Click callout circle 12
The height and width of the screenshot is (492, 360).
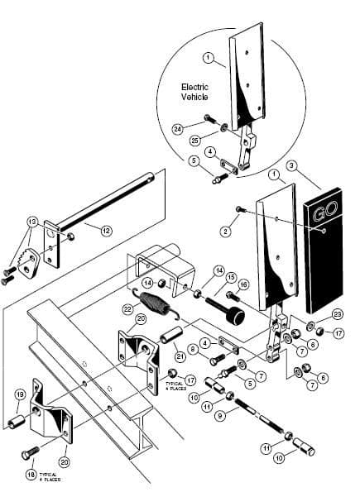(105, 231)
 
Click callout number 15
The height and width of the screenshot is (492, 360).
(231, 277)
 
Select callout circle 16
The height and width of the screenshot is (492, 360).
(243, 284)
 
